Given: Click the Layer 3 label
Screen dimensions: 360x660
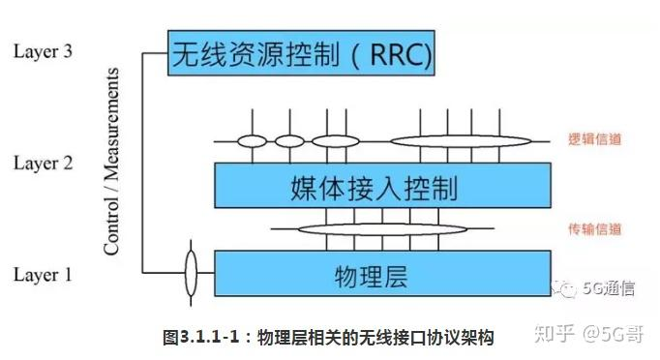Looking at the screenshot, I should click(x=43, y=51).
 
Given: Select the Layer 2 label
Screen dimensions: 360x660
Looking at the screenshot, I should click(x=43, y=163).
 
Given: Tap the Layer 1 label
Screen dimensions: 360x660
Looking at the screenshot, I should click(x=43, y=276).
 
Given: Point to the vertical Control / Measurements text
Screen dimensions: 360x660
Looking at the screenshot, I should click(x=112, y=162).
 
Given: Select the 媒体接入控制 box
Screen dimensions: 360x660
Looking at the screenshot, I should click(x=383, y=184).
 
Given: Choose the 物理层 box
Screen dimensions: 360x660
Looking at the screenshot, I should click(x=383, y=274).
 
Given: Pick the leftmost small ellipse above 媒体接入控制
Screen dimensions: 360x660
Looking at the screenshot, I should click(x=252, y=141).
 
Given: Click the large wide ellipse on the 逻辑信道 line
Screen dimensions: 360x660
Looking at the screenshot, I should click(x=449, y=141).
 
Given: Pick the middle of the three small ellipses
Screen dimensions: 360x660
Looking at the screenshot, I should click(x=289, y=141).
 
